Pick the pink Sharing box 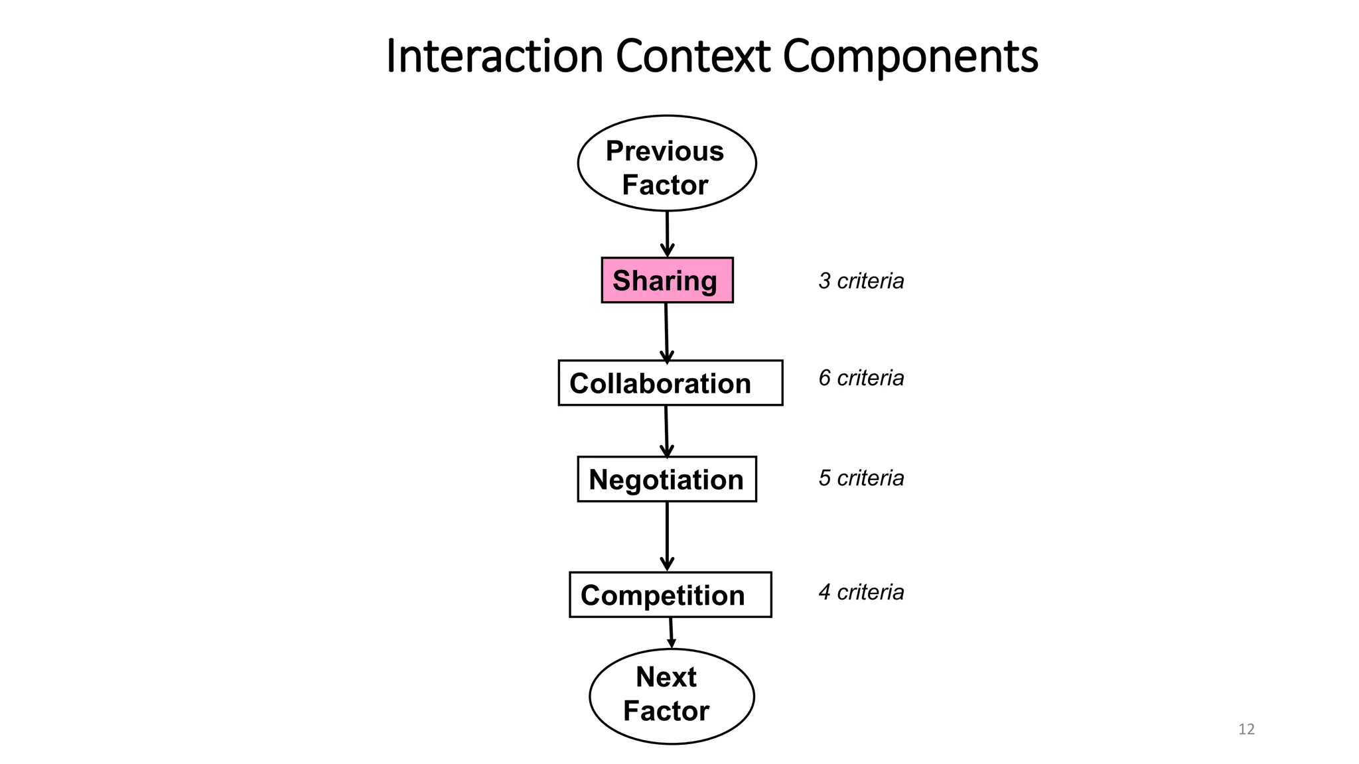point(667,281)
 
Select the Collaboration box point(670,383)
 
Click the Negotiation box point(666,479)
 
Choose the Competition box point(670,595)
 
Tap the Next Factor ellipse point(671,696)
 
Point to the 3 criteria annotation point(861,281)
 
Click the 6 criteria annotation point(861,378)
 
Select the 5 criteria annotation point(861,478)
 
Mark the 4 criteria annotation point(861,592)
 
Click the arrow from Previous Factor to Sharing point(667,233)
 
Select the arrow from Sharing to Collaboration point(666,332)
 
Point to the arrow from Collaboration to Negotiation point(666,431)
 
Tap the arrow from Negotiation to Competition point(667,536)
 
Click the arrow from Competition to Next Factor point(671,633)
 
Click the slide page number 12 point(1246,730)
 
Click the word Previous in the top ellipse point(664,151)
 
